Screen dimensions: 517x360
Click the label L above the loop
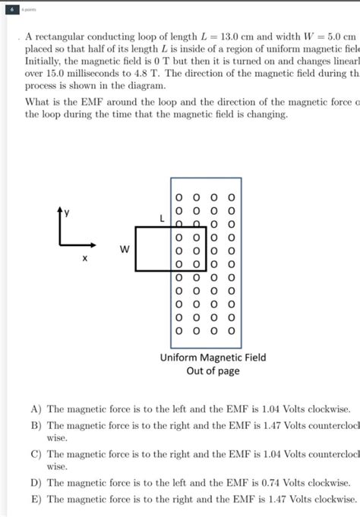162,218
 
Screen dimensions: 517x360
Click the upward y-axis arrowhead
59,208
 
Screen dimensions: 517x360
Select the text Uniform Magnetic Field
213,358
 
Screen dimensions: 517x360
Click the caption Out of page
213,371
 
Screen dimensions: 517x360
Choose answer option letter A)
36,408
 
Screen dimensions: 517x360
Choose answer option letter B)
36,426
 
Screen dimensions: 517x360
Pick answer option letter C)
36,454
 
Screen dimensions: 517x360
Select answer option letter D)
36,482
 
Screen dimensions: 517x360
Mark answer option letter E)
36,499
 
